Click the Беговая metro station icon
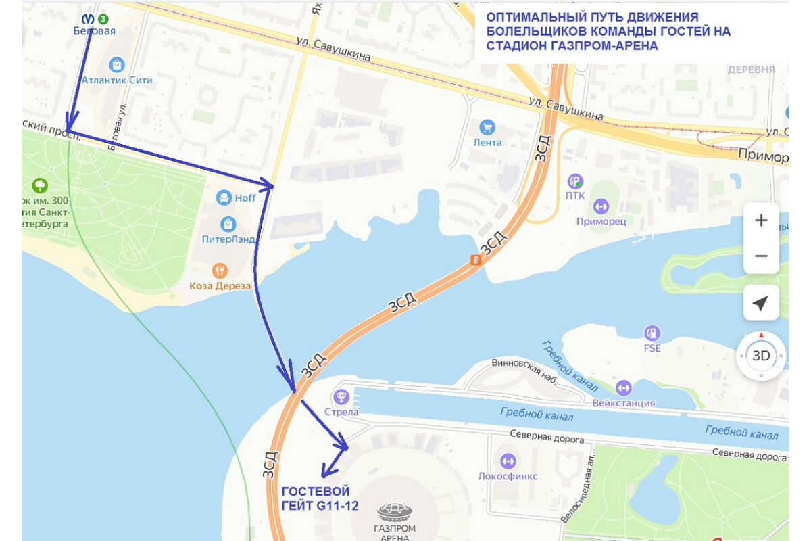87,19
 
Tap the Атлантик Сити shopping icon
117,65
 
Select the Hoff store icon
224,197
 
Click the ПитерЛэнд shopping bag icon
228,224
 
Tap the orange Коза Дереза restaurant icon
220,270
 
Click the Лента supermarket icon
487,127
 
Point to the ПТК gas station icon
575,181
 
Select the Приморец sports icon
601,206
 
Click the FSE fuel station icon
652,333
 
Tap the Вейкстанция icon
623,388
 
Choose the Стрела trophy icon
341,396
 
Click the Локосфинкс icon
508,461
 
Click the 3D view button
761,356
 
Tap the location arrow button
761,303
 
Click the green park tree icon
40,185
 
